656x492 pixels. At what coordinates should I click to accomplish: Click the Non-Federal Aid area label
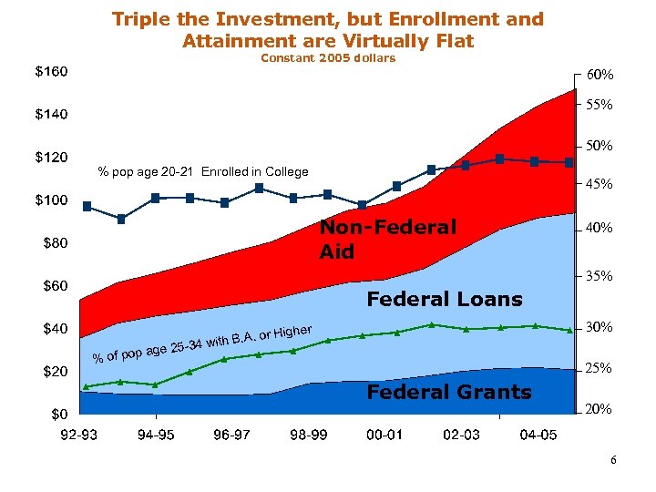tap(387, 239)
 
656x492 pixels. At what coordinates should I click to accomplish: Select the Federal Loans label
tap(444, 299)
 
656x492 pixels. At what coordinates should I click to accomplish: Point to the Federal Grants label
tap(448, 392)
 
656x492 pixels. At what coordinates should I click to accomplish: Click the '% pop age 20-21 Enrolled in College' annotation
tap(203, 171)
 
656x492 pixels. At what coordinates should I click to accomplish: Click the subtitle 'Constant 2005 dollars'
tap(328, 58)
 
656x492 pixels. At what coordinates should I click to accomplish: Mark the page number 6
tap(613, 460)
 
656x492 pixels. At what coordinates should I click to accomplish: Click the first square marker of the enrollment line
tap(87, 206)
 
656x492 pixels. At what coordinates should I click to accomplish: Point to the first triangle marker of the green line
tap(87, 386)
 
